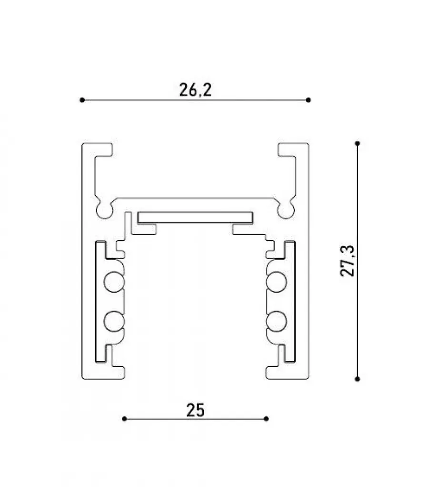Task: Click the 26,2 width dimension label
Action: click(195, 90)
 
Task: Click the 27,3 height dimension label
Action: click(347, 261)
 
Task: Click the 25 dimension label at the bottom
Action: click(196, 410)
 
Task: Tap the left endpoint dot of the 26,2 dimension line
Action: click(82, 100)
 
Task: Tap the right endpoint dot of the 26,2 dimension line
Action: click(309, 100)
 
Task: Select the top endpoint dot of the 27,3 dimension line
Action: click(358, 144)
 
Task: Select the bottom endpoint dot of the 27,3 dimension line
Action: click(358, 379)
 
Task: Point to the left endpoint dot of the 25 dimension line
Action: click(124, 419)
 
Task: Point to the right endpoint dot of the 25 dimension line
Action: click(266, 419)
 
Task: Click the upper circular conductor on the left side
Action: click(114, 282)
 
